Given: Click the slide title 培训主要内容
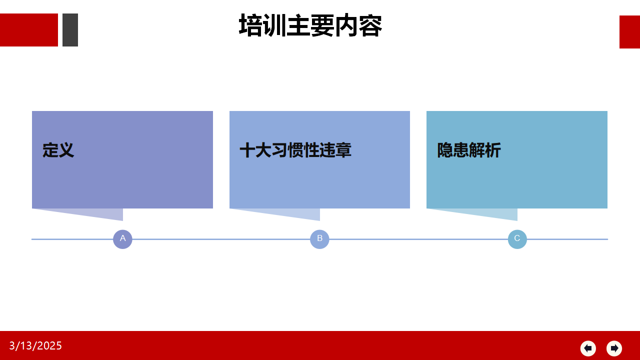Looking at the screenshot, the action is click(x=310, y=25).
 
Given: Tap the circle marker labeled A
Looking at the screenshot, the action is click(x=122, y=239).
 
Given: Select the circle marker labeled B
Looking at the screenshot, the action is click(x=319, y=239).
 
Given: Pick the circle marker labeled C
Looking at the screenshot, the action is click(x=517, y=239).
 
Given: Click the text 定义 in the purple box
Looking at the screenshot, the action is click(x=58, y=150).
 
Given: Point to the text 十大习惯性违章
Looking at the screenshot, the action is click(x=295, y=150).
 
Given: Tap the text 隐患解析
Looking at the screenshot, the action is click(x=469, y=150).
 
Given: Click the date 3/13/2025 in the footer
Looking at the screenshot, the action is click(x=35, y=345).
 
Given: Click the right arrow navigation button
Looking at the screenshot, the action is click(x=614, y=348).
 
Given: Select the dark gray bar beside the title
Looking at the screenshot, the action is click(x=70, y=29).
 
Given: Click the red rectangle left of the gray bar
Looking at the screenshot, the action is click(x=29, y=29).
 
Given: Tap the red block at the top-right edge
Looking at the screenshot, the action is click(x=629, y=32).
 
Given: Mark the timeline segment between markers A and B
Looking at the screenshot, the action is click(x=221, y=239).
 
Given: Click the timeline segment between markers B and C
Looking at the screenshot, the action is click(x=418, y=239).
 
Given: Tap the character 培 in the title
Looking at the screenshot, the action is click(x=250, y=25).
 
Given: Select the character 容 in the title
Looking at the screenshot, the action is click(x=370, y=25).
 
